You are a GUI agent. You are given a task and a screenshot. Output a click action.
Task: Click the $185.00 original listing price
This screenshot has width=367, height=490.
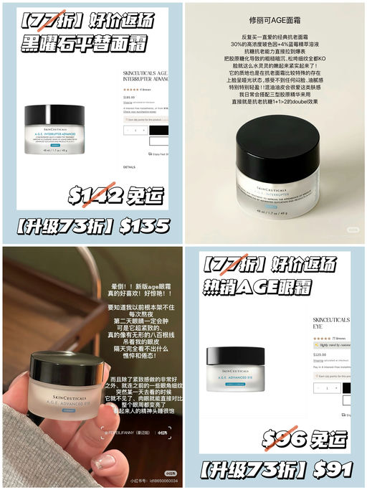(x=129, y=96)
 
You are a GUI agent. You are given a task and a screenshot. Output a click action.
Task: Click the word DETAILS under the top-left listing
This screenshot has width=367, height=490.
(x=129, y=166)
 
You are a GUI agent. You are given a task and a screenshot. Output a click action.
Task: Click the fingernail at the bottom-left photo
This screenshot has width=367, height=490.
(x=106, y=461)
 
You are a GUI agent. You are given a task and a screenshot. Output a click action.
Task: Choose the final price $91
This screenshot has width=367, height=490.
(x=332, y=470)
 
